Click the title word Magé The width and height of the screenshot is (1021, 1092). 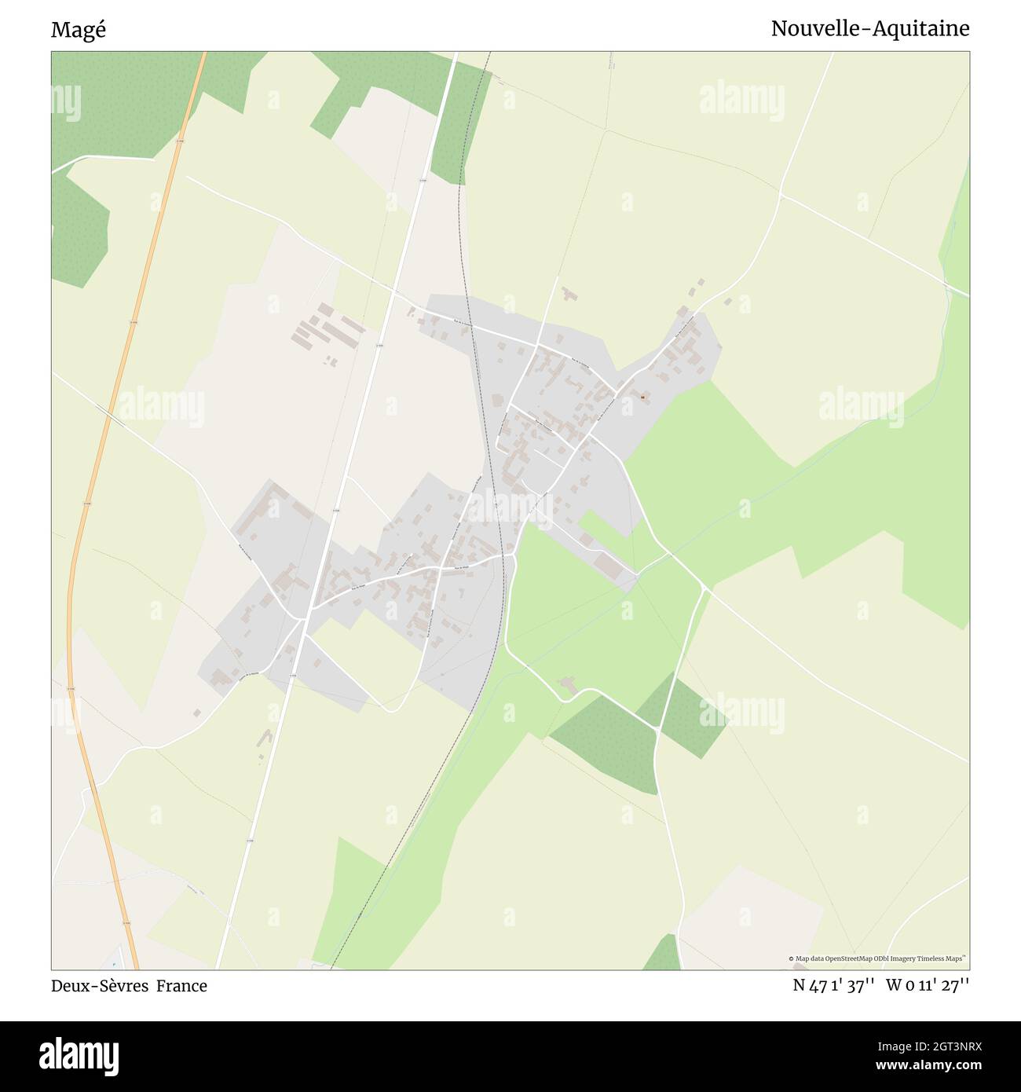(78, 30)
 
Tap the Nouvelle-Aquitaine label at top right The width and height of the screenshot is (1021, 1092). (869, 29)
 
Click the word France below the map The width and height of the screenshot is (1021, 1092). (181, 986)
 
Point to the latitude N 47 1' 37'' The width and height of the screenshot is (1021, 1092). (833, 985)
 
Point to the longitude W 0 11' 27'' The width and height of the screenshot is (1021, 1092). (928, 985)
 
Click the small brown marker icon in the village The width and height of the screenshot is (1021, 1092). (642, 398)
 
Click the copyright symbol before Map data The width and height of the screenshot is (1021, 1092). (792, 958)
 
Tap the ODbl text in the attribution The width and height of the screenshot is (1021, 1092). (884, 958)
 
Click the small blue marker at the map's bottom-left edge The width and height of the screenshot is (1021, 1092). (115, 963)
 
